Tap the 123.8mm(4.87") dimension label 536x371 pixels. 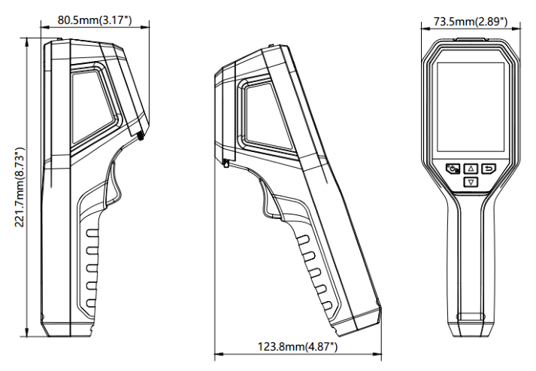point(298,346)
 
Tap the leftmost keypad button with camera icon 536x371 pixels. point(453,169)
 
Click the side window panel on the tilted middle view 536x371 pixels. point(263,113)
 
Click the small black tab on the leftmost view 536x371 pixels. point(141,136)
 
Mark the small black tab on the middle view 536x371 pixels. point(226,163)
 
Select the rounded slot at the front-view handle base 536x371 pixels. point(471,318)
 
